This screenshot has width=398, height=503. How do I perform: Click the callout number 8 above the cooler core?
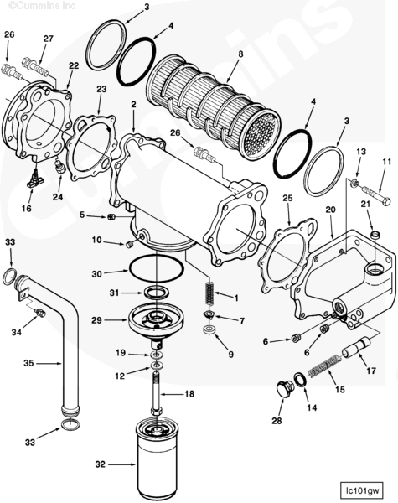click(x=240, y=54)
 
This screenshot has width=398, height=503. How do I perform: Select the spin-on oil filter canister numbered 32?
click(x=156, y=459)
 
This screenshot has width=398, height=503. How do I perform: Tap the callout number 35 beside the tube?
click(x=28, y=364)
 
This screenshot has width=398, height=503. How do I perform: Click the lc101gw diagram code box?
click(x=362, y=490)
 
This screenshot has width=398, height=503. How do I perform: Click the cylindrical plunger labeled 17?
click(x=356, y=348)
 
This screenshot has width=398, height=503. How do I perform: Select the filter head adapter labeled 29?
click(x=156, y=323)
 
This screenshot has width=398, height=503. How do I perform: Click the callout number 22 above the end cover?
click(x=74, y=65)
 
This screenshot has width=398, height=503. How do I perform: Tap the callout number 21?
click(x=365, y=204)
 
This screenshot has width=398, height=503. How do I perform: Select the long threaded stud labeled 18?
click(x=156, y=392)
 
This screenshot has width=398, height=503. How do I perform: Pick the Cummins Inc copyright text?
click(x=42, y=6)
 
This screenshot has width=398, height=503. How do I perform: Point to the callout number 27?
click(x=49, y=39)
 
